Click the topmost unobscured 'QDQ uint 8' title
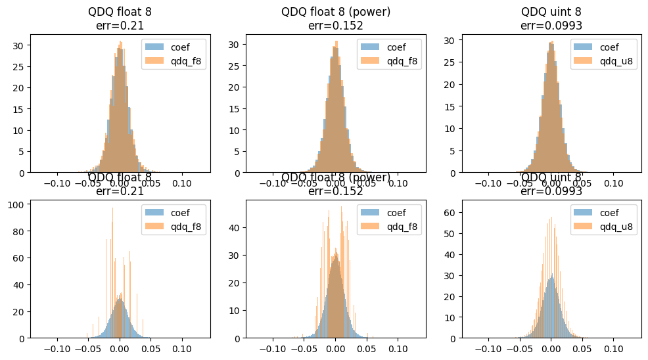pyautogui.click(x=551, y=11)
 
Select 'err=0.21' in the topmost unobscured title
pyautogui.click(x=120, y=26)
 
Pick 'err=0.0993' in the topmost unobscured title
pyautogui.click(x=551, y=26)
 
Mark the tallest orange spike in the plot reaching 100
pyautogui.click(x=112, y=208)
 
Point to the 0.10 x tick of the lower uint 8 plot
pyautogui.click(x=614, y=348)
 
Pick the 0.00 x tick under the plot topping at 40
pyautogui.click(x=335, y=348)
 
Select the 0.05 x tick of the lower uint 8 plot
pyautogui.click(x=582, y=348)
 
